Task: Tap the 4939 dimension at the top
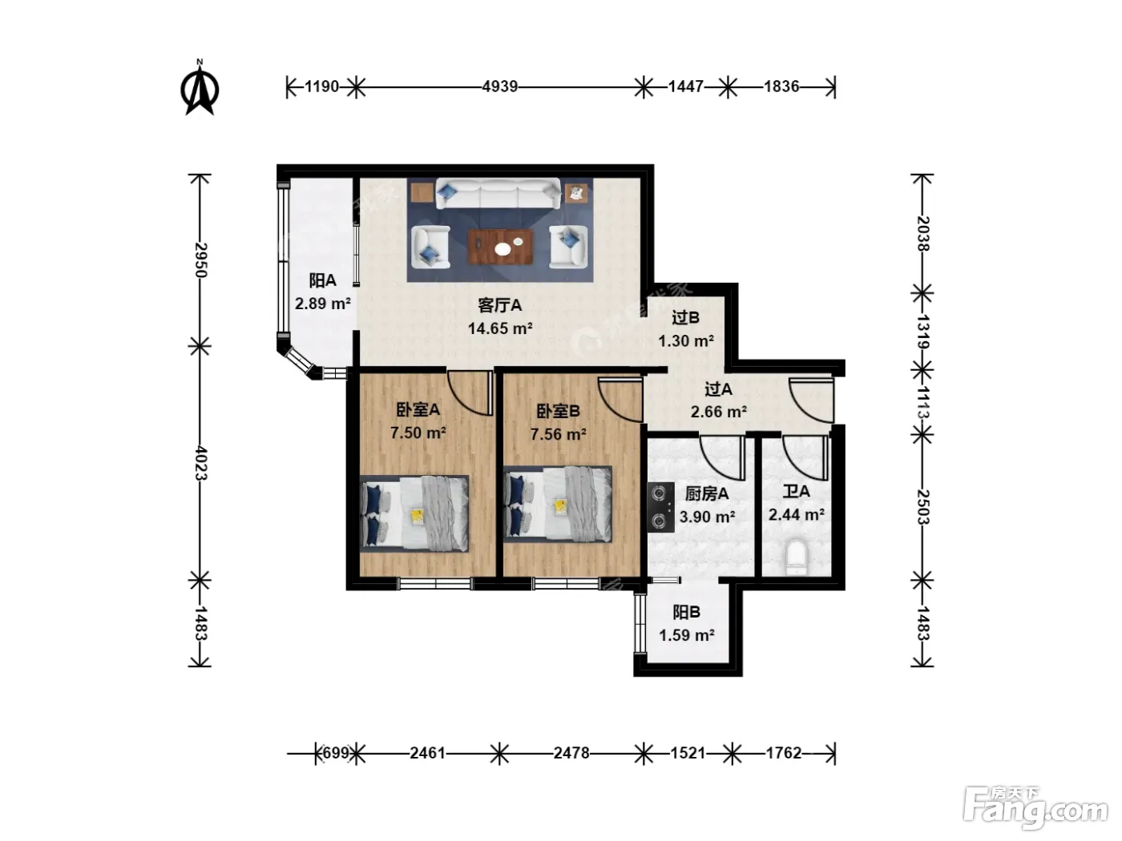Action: click(499, 87)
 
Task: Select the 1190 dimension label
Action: click(321, 87)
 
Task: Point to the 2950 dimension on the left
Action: click(200, 260)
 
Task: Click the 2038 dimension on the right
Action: click(922, 234)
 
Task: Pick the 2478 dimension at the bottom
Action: click(571, 753)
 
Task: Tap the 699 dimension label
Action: click(336, 753)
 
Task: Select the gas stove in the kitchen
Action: click(660, 506)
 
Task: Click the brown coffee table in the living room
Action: click(501, 247)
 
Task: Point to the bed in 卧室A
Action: click(414, 513)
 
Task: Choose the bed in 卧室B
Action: click(558, 504)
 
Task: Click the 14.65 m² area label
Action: click(500, 328)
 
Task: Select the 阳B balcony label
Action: click(686, 612)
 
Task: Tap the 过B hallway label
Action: click(685, 318)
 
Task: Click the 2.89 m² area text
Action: click(322, 304)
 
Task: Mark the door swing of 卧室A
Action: click(469, 392)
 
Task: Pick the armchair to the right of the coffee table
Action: click(568, 247)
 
